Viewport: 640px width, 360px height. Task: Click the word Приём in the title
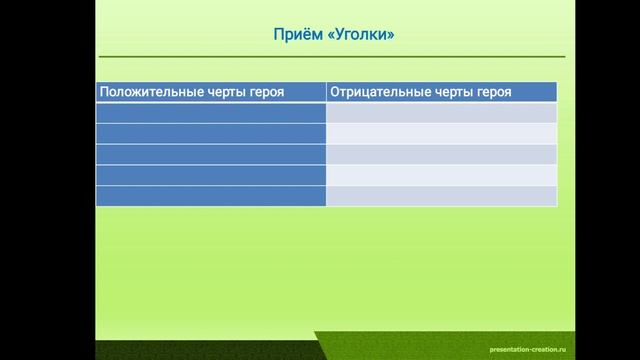pos(295,36)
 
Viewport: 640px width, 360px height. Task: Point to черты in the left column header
pos(217,92)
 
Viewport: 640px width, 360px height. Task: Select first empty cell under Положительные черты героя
pos(211,113)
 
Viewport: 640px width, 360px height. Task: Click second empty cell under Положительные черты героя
pos(211,134)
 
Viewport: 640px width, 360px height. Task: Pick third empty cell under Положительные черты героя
pos(211,154)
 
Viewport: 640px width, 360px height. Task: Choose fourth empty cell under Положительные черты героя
pos(211,175)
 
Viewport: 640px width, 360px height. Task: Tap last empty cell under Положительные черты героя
pos(211,196)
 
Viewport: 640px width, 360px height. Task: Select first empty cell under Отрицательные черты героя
pos(441,113)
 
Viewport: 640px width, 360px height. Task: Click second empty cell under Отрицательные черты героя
pos(441,134)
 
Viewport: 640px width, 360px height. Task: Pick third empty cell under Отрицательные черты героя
pos(441,154)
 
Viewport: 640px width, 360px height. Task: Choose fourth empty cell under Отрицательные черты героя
pos(441,175)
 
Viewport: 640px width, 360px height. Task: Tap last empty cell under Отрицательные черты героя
pos(441,196)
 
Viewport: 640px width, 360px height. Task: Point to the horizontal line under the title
pos(330,57)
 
